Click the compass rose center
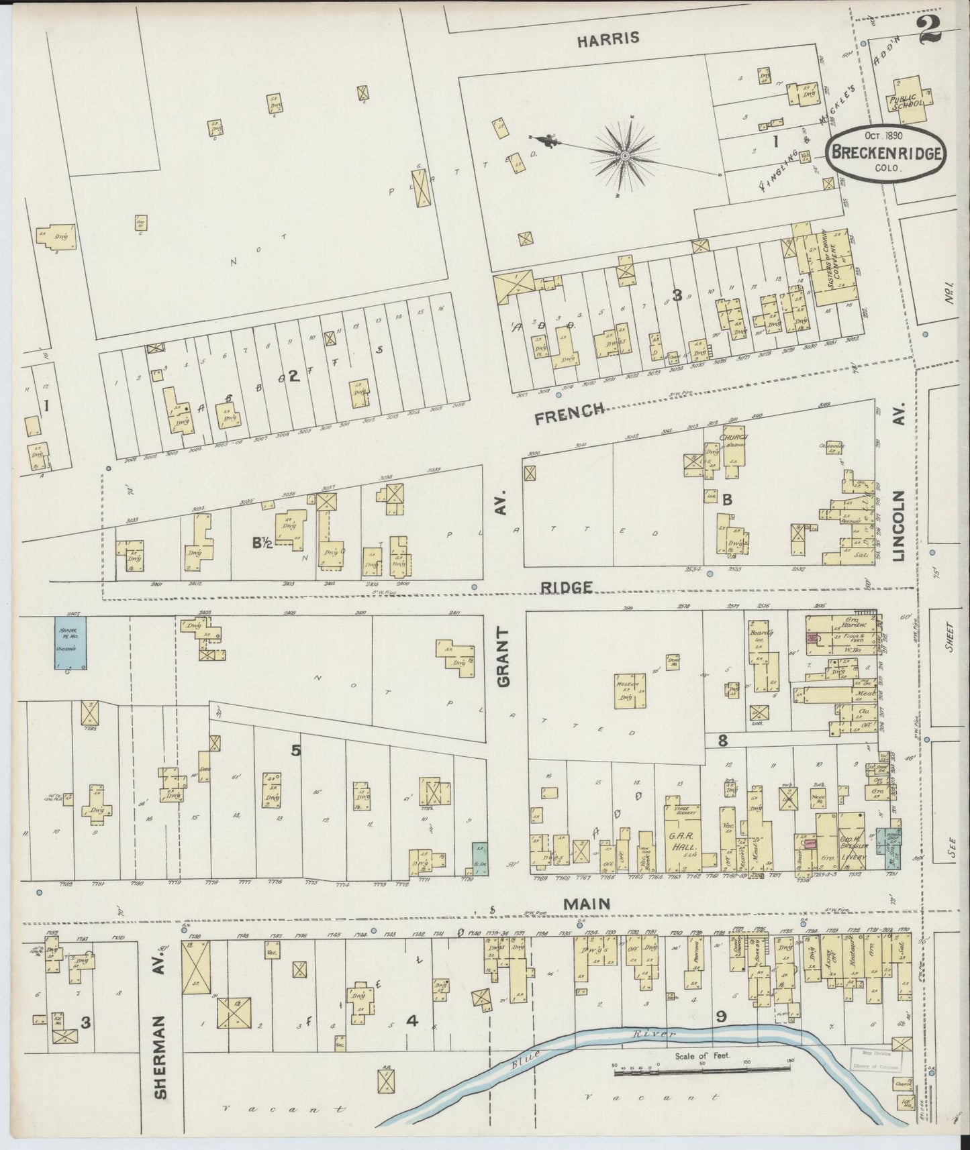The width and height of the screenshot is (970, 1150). [624, 156]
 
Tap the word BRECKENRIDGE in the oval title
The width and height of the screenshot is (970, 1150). [887, 152]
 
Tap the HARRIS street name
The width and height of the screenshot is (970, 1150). [608, 39]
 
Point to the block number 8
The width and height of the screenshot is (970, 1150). [722, 741]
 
